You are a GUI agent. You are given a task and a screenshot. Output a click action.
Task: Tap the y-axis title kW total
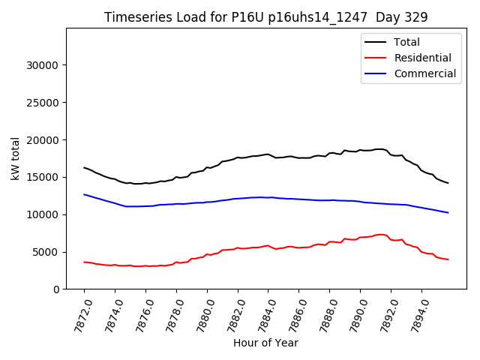point(15,158)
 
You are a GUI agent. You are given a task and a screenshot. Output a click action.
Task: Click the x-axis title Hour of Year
point(265,343)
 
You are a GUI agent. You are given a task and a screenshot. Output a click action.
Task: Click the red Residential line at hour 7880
point(207,254)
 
